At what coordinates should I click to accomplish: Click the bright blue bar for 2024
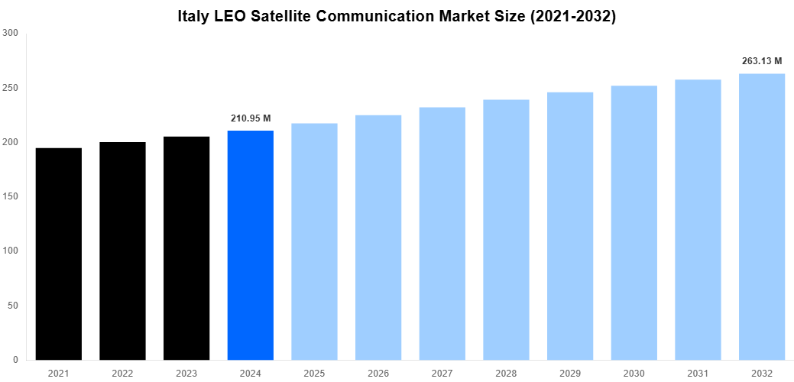click(251, 245)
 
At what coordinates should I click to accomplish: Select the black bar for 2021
click(59, 254)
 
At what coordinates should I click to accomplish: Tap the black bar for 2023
click(186, 248)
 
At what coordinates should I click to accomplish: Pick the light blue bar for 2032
click(762, 217)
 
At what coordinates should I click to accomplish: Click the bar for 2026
click(378, 238)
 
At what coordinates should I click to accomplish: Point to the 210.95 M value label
click(251, 118)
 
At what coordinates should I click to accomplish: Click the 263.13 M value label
click(762, 61)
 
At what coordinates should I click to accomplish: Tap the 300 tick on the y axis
click(10, 33)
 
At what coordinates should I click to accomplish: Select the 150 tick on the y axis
click(10, 196)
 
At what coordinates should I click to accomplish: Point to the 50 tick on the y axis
click(12, 306)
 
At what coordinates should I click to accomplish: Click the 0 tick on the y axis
click(15, 360)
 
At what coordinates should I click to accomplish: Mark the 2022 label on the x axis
click(122, 373)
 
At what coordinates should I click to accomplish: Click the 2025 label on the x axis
click(314, 373)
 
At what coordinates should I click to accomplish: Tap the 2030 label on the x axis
click(634, 373)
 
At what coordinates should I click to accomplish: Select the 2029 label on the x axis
click(570, 373)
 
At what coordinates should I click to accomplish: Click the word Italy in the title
click(194, 15)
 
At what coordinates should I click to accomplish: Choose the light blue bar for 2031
click(698, 220)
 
